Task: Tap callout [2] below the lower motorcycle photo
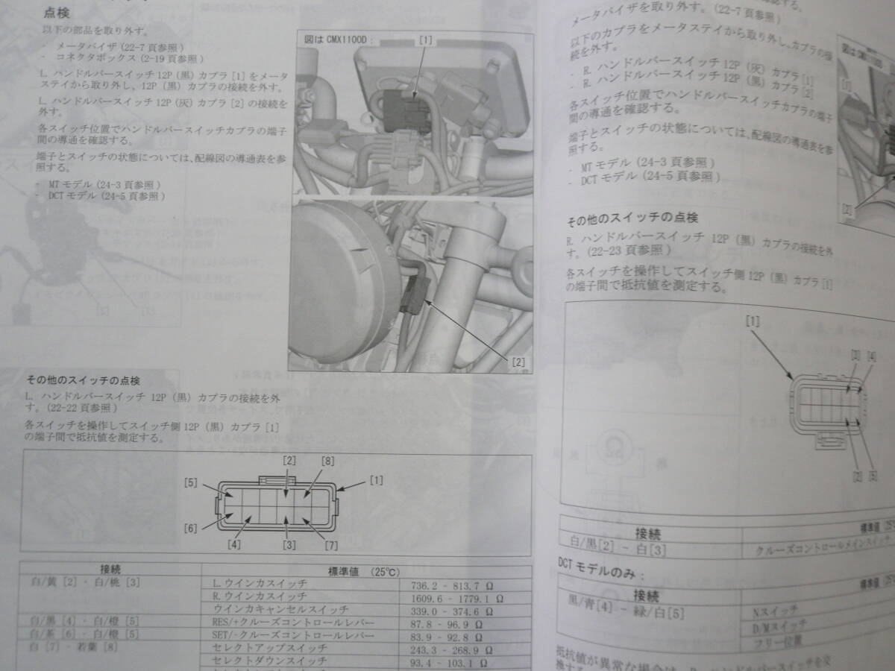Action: click(518, 363)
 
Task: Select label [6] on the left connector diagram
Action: click(192, 529)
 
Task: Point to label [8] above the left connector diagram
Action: click(326, 461)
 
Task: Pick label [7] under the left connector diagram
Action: click(331, 545)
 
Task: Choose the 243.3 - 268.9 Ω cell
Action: click(456, 648)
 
